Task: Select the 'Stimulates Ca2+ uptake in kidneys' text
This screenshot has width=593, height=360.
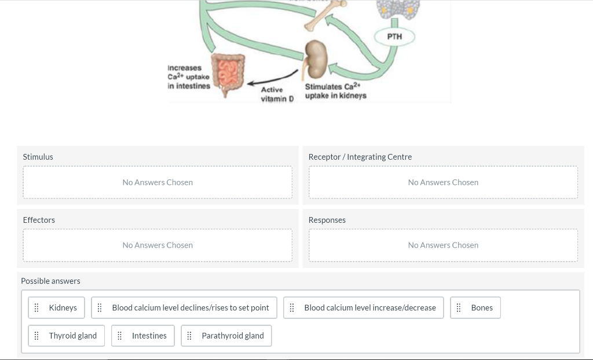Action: point(336,91)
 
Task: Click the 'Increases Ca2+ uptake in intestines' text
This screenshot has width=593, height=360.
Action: point(188,77)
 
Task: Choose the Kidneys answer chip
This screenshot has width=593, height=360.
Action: point(57,308)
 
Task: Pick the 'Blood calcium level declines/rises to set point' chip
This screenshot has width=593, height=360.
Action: point(184,308)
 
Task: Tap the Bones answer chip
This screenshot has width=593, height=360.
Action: point(475,308)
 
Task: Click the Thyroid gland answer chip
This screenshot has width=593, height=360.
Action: point(67,336)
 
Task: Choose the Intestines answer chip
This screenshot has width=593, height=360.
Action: point(143,336)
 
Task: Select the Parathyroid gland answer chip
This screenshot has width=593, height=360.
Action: point(226,336)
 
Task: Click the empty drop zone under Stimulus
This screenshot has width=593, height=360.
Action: point(158,182)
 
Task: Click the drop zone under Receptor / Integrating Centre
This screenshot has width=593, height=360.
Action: point(443,182)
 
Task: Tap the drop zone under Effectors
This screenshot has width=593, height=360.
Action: point(158,245)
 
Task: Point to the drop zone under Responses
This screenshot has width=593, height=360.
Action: point(443,245)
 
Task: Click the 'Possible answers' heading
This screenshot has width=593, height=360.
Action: point(50,281)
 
